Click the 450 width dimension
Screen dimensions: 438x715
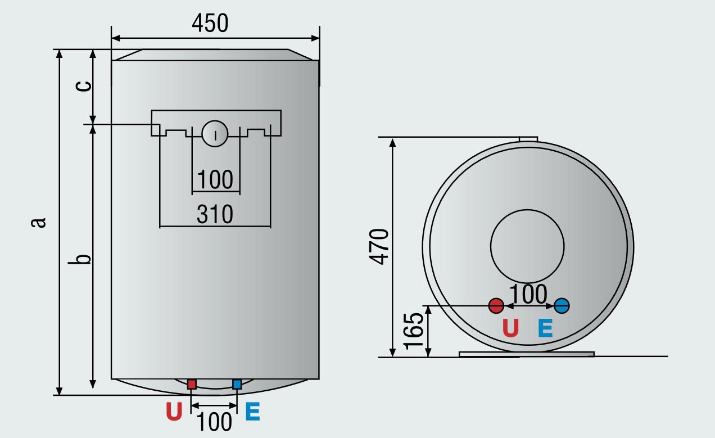(210, 24)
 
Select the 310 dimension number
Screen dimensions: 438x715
(214, 214)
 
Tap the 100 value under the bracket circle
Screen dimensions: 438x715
(215, 180)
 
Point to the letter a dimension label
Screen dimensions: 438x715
(38, 223)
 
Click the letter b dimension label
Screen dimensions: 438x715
(83, 259)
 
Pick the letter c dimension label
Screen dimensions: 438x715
(83, 85)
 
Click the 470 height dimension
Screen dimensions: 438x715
(380, 246)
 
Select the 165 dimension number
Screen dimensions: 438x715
(414, 331)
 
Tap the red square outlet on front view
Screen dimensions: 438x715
(192, 385)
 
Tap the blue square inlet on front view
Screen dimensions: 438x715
(237, 385)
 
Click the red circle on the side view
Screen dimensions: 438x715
(496, 306)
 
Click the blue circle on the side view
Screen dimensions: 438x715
(562, 306)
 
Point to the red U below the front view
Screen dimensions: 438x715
(174, 412)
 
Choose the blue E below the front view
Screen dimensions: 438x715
(252, 412)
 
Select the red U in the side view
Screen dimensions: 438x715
(510, 328)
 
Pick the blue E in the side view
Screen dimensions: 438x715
(545, 328)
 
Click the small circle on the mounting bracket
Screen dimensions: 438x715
(215, 134)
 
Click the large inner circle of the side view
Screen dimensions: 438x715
(527, 246)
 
